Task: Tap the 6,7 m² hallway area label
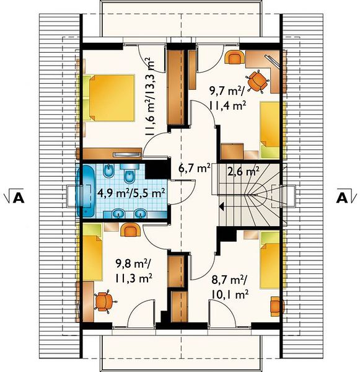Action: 194,169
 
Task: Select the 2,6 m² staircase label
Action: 243,171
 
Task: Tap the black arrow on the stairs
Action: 222,206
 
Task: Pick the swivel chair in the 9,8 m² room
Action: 105,301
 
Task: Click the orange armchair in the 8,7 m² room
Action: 277,306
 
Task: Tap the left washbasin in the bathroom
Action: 118,213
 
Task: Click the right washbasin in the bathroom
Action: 141,213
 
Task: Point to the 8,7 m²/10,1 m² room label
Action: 229,288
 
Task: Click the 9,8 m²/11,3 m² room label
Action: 134,271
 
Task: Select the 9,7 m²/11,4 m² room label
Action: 227,98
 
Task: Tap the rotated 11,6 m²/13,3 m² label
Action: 150,97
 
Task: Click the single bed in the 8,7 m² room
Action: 270,260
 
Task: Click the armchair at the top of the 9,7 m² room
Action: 234,57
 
